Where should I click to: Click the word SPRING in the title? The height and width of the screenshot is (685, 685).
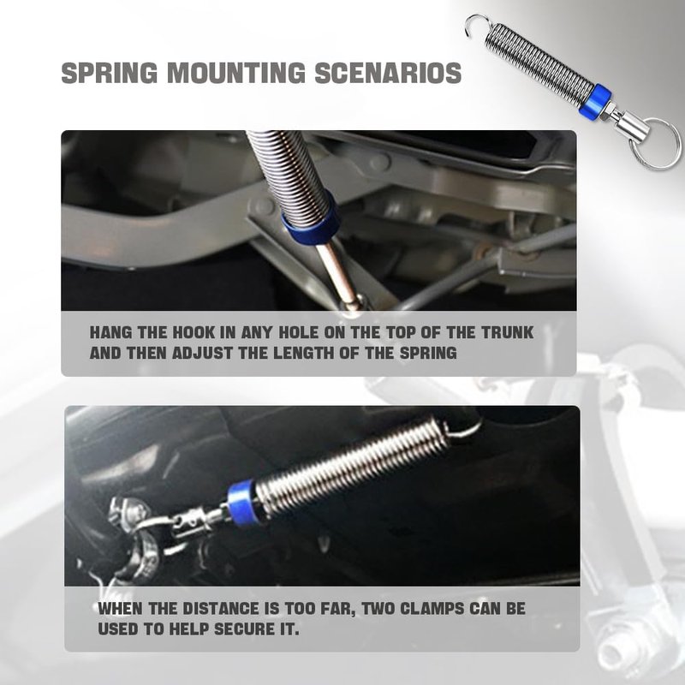110,73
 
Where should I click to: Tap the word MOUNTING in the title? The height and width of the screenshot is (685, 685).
236,73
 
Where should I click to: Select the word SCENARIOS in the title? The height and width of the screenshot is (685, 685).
389,73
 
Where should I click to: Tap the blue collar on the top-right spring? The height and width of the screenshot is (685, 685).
595,101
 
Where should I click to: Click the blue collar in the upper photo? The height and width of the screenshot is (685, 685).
311,218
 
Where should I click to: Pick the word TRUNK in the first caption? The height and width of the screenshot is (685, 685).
507,332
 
